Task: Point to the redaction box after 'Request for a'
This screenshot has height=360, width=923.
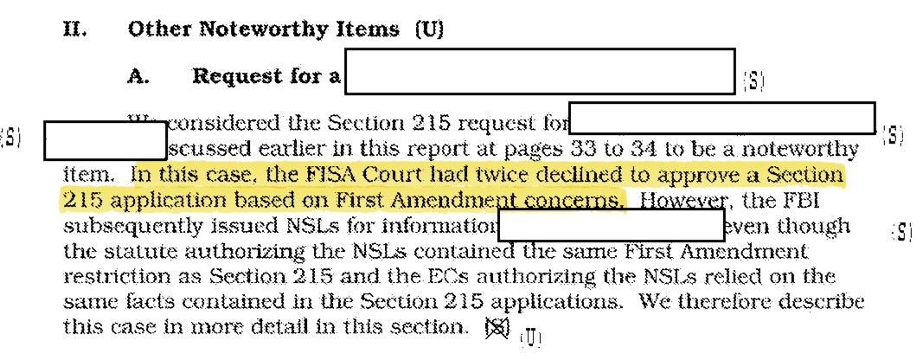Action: point(539,71)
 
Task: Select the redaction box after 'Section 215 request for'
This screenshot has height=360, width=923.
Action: point(722,118)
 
